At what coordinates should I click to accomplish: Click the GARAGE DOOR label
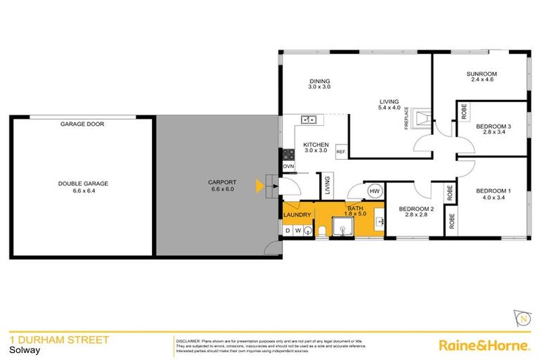pos(82,124)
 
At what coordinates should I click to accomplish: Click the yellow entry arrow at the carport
pos(259,186)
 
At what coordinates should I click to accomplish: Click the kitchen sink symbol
pos(307,120)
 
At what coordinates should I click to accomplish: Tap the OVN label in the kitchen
pos(288,166)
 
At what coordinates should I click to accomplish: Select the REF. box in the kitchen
pos(340,152)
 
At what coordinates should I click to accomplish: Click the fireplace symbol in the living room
pos(420,118)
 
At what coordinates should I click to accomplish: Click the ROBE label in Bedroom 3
pos(463,111)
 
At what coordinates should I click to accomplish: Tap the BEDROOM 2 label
pos(415,212)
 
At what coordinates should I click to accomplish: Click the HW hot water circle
pos(374,191)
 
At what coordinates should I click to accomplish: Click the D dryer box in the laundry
pos(288,230)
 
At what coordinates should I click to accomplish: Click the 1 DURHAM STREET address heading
pos(59,340)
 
